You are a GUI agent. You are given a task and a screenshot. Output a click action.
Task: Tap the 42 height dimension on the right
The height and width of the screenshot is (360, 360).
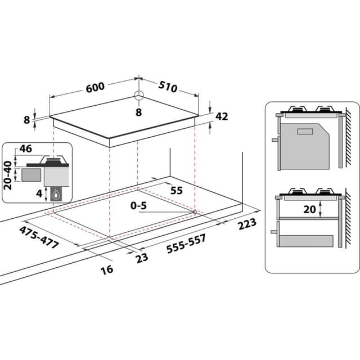tap(222, 116)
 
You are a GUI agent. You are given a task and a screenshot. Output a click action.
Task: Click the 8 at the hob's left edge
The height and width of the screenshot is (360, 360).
tap(26, 119)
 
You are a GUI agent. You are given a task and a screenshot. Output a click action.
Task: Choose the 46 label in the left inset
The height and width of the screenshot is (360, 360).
tap(25, 149)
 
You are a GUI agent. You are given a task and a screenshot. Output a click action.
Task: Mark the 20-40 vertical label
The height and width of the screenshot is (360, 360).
tap(8, 174)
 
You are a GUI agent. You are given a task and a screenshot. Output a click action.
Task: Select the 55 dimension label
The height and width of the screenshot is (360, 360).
tap(176, 191)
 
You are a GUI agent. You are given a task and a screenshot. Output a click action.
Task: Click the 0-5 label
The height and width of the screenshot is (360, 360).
tap(138, 206)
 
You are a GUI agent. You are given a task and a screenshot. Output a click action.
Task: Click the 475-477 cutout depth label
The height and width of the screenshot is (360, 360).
tap(39, 236)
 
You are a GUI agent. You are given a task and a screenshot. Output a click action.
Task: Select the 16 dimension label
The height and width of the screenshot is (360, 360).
tap(107, 269)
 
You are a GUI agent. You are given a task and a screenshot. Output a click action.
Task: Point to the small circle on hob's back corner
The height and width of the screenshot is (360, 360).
tap(139, 95)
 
